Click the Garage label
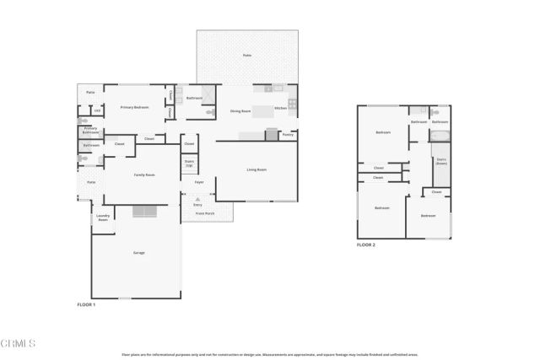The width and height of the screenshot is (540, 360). pos(139,253)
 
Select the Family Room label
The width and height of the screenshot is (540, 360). pos(144,175)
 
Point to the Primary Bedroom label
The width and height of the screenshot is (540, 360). pos(134,107)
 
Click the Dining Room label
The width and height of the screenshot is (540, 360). pos(242,110)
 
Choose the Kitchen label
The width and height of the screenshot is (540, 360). pos(281,108)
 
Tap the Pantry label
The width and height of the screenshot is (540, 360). pos(287,134)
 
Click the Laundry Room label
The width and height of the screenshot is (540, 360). pos(102,218)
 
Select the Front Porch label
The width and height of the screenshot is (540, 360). pos(206,214)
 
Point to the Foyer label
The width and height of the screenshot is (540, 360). pos(199,182)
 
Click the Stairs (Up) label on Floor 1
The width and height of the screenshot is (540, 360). pos(189,163)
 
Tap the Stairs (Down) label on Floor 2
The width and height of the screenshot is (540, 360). pos(440,161)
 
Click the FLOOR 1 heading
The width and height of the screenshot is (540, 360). pos(86,304)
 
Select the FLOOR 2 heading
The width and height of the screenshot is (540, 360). pos(365,244)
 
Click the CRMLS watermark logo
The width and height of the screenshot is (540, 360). pos(19,343)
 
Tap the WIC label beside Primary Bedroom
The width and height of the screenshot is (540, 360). pos(97,110)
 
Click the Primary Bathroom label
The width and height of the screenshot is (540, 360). pos(90,131)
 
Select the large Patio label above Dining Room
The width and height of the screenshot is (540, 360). pos(247,55)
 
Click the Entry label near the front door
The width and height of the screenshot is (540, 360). pos(198,204)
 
